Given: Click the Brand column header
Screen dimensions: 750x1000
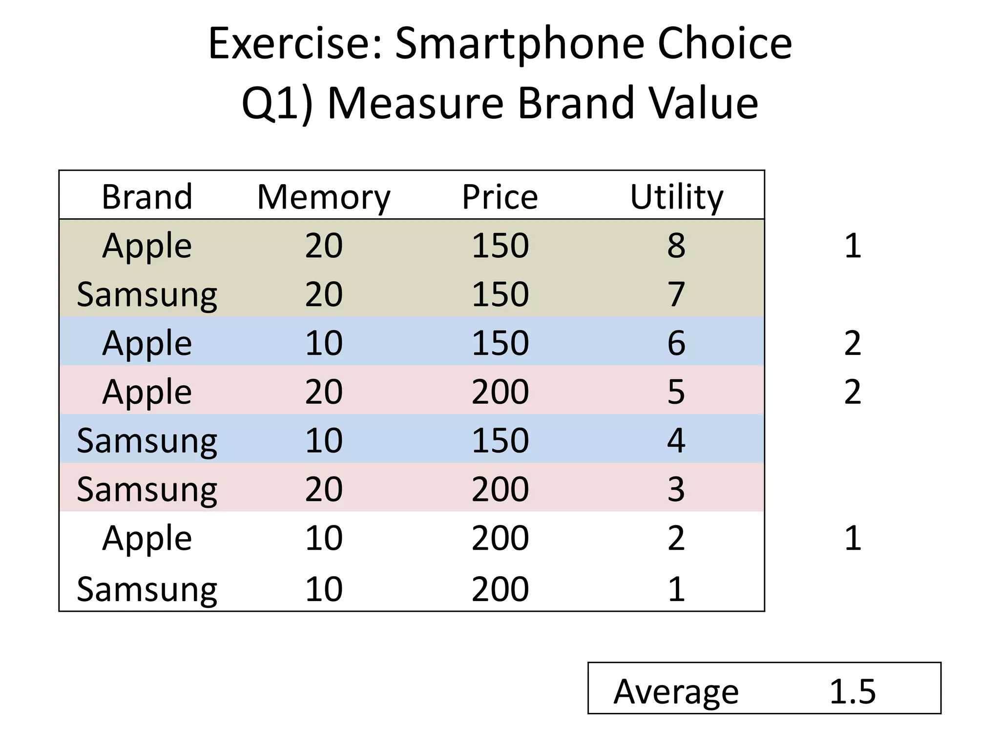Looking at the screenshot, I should (147, 197).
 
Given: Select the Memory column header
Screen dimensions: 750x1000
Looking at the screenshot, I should (324, 197).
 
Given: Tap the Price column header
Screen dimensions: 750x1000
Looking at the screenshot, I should (500, 197).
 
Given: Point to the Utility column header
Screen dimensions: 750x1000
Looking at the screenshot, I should (676, 197).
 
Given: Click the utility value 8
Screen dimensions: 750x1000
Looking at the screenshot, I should (676, 245).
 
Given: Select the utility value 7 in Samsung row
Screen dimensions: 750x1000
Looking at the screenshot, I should (676, 294).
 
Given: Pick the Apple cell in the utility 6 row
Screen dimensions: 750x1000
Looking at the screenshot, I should (147, 343).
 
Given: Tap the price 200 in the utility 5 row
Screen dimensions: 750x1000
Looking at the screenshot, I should (500, 392).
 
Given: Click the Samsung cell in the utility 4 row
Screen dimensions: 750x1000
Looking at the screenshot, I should (147, 440).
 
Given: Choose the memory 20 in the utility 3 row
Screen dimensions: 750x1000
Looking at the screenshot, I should (324, 489).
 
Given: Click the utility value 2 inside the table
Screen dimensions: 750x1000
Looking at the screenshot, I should (676, 538).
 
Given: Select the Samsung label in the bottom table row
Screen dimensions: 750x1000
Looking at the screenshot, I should (147, 589).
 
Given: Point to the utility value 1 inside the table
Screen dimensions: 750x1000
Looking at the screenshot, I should (676, 589).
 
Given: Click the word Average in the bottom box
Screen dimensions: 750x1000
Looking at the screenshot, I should (676, 691).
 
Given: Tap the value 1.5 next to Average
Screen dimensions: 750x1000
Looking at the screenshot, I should (853, 691).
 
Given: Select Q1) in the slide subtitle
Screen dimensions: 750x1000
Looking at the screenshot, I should (277, 104).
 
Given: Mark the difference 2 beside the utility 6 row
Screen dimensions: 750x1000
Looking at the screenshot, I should (853, 343).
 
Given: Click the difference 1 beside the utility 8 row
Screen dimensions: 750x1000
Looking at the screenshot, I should (853, 245).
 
